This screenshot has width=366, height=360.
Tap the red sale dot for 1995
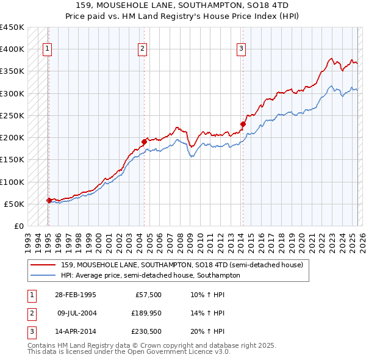pyautogui.click(x=49, y=200)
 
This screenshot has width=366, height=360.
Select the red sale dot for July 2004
pyautogui.click(x=145, y=142)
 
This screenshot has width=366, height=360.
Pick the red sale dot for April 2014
pyautogui.click(x=243, y=124)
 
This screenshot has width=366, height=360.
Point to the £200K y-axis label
pyautogui.click(x=12, y=138)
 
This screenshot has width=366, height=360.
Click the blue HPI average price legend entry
pyautogui.click(x=150, y=275)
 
